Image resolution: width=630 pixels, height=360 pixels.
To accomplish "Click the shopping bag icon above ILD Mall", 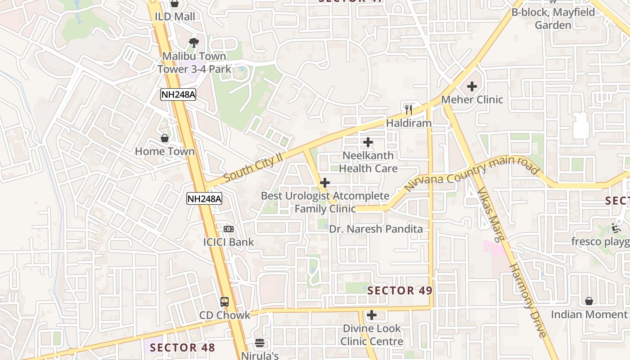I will click(x=175, y=4).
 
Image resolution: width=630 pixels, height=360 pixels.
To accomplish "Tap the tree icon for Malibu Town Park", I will click(x=194, y=43).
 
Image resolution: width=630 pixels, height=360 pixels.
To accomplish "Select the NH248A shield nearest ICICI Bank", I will click(x=204, y=198).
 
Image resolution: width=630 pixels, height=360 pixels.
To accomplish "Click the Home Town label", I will click(x=165, y=151).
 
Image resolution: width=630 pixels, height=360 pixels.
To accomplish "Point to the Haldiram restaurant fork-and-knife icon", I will click(x=409, y=109).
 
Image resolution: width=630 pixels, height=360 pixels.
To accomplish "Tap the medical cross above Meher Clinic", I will click(x=472, y=86).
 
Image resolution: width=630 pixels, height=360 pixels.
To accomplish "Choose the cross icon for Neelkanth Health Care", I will click(x=368, y=143).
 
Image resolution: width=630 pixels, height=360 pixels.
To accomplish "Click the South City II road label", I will click(x=252, y=167).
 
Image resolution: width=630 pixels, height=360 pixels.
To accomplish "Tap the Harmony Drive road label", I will click(x=527, y=301).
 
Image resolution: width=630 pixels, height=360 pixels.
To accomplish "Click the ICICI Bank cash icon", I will click(x=229, y=229).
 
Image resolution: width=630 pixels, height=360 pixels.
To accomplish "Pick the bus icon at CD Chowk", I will click(x=225, y=302).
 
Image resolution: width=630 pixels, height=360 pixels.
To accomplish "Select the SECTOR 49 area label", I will click(x=400, y=291).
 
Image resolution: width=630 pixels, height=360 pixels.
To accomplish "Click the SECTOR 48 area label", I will click(x=182, y=347).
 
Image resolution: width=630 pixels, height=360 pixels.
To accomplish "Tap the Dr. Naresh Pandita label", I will click(x=376, y=229).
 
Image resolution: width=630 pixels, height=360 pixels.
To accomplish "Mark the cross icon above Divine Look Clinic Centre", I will click(x=372, y=315).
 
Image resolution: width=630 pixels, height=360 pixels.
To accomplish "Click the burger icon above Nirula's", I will click(x=260, y=343).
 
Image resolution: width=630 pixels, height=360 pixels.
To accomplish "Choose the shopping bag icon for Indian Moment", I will click(x=589, y=301).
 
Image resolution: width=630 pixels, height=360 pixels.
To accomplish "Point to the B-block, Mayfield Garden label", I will click(x=553, y=18).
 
